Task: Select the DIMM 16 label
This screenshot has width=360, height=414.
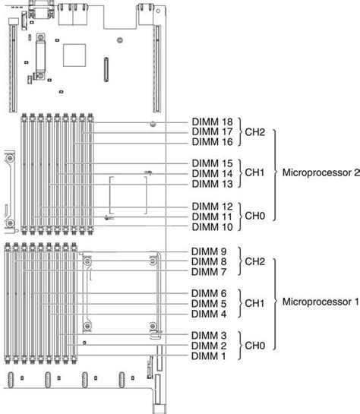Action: point(213,141)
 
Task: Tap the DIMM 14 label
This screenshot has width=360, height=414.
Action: point(213,173)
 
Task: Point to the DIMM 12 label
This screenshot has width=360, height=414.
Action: point(213,207)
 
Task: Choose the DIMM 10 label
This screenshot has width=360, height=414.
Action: point(213,226)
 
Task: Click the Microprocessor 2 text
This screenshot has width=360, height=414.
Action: point(317,172)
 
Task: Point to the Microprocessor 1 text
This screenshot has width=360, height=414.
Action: point(317,302)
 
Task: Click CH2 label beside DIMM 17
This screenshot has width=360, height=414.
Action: point(254,131)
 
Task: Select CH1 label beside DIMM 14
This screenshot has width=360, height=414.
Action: point(254,173)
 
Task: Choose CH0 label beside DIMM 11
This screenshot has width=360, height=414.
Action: point(254,216)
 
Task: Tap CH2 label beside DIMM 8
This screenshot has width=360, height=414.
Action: point(254,261)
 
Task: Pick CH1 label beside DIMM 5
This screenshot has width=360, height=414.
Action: point(254,304)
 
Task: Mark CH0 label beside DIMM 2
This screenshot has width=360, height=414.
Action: point(254,346)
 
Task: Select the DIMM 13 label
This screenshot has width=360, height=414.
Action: point(213,183)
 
